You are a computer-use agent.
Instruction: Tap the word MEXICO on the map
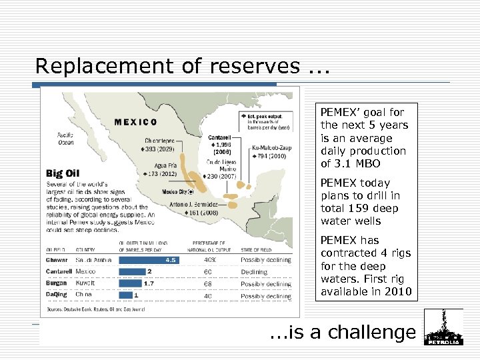(x=136, y=122)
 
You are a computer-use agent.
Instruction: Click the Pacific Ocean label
(x=66, y=138)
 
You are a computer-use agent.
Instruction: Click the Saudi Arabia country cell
(x=93, y=260)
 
